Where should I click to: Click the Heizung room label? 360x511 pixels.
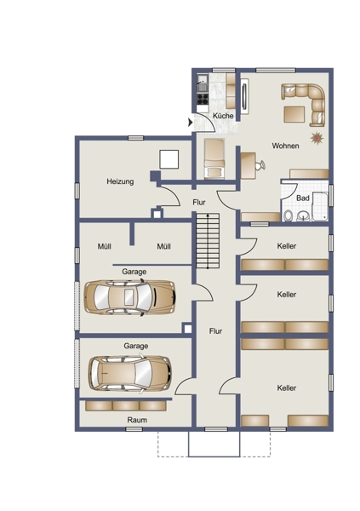click(x=120, y=181)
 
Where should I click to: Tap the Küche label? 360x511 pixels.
click(x=223, y=116)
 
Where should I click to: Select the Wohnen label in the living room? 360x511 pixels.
click(x=285, y=146)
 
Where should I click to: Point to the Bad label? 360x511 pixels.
click(x=303, y=198)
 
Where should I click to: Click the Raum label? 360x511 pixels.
click(x=137, y=420)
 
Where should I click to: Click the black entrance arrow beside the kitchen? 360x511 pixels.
click(x=191, y=123)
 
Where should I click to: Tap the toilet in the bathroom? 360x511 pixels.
click(x=288, y=215)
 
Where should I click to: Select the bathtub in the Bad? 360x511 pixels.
click(x=320, y=207)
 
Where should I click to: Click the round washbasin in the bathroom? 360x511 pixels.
click(x=304, y=215)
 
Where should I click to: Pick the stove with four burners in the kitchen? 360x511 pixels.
click(x=203, y=98)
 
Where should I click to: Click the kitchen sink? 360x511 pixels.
click(x=203, y=83)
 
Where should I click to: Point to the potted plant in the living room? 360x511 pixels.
click(x=317, y=138)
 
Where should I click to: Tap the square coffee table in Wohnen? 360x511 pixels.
click(x=294, y=114)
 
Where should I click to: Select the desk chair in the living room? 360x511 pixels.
click(x=260, y=165)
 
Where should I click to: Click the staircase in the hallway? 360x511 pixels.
click(x=208, y=241)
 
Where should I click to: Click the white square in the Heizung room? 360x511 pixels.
click(x=169, y=159)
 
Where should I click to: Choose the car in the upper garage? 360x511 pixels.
click(x=129, y=297)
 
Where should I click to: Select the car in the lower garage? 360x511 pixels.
click(x=129, y=373)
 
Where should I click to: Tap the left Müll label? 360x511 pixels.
click(x=104, y=246)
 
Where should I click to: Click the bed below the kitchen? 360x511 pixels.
click(x=214, y=158)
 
